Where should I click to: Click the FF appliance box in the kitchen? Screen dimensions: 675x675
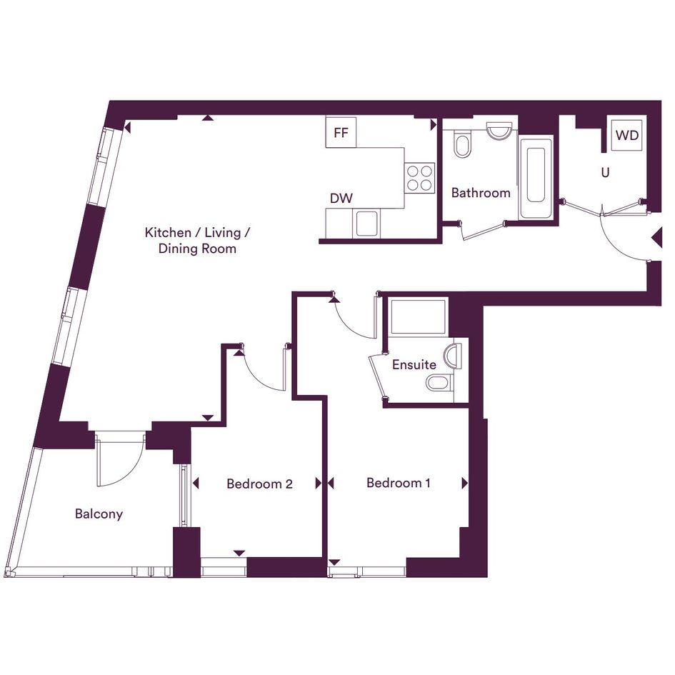point(341,132)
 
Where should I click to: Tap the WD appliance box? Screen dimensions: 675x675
point(627,136)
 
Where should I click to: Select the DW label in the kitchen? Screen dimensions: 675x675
point(341,198)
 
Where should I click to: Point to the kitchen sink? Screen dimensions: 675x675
point(366,223)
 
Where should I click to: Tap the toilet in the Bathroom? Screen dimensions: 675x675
point(463,144)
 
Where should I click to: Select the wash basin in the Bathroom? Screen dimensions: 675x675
point(499,130)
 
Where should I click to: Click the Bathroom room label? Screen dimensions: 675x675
point(481,192)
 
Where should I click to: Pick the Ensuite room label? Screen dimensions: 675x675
point(414,364)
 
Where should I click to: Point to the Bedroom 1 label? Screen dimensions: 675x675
point(398,483)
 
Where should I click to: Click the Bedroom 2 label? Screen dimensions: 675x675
point(259,484)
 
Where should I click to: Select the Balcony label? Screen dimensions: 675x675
point(99,514)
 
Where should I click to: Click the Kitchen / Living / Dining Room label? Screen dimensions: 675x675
point(198,240)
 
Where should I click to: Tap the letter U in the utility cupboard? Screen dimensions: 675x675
point(605,173)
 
